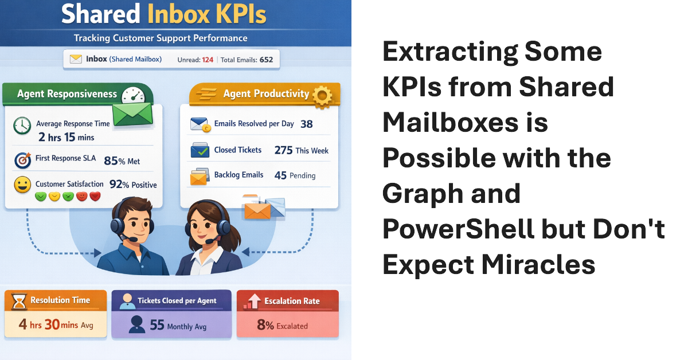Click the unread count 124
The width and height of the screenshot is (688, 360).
coord(208,60)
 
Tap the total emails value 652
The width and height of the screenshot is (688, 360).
coord(265,60)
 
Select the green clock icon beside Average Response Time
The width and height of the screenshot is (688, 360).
coord(22,126)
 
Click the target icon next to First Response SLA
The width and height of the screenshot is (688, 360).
coord(22,161)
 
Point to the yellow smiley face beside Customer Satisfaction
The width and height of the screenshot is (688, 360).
coord(22,185)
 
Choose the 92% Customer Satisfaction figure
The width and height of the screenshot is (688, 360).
coord(119,185)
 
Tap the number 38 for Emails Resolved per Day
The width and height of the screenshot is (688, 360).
coord(306,124)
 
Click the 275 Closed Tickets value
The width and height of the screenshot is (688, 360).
coord(283,150)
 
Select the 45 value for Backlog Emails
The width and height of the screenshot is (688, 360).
coord(280,175)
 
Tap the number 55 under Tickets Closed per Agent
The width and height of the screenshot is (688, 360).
coord(157,326)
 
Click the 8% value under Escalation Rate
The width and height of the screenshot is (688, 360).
coord(265,326)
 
